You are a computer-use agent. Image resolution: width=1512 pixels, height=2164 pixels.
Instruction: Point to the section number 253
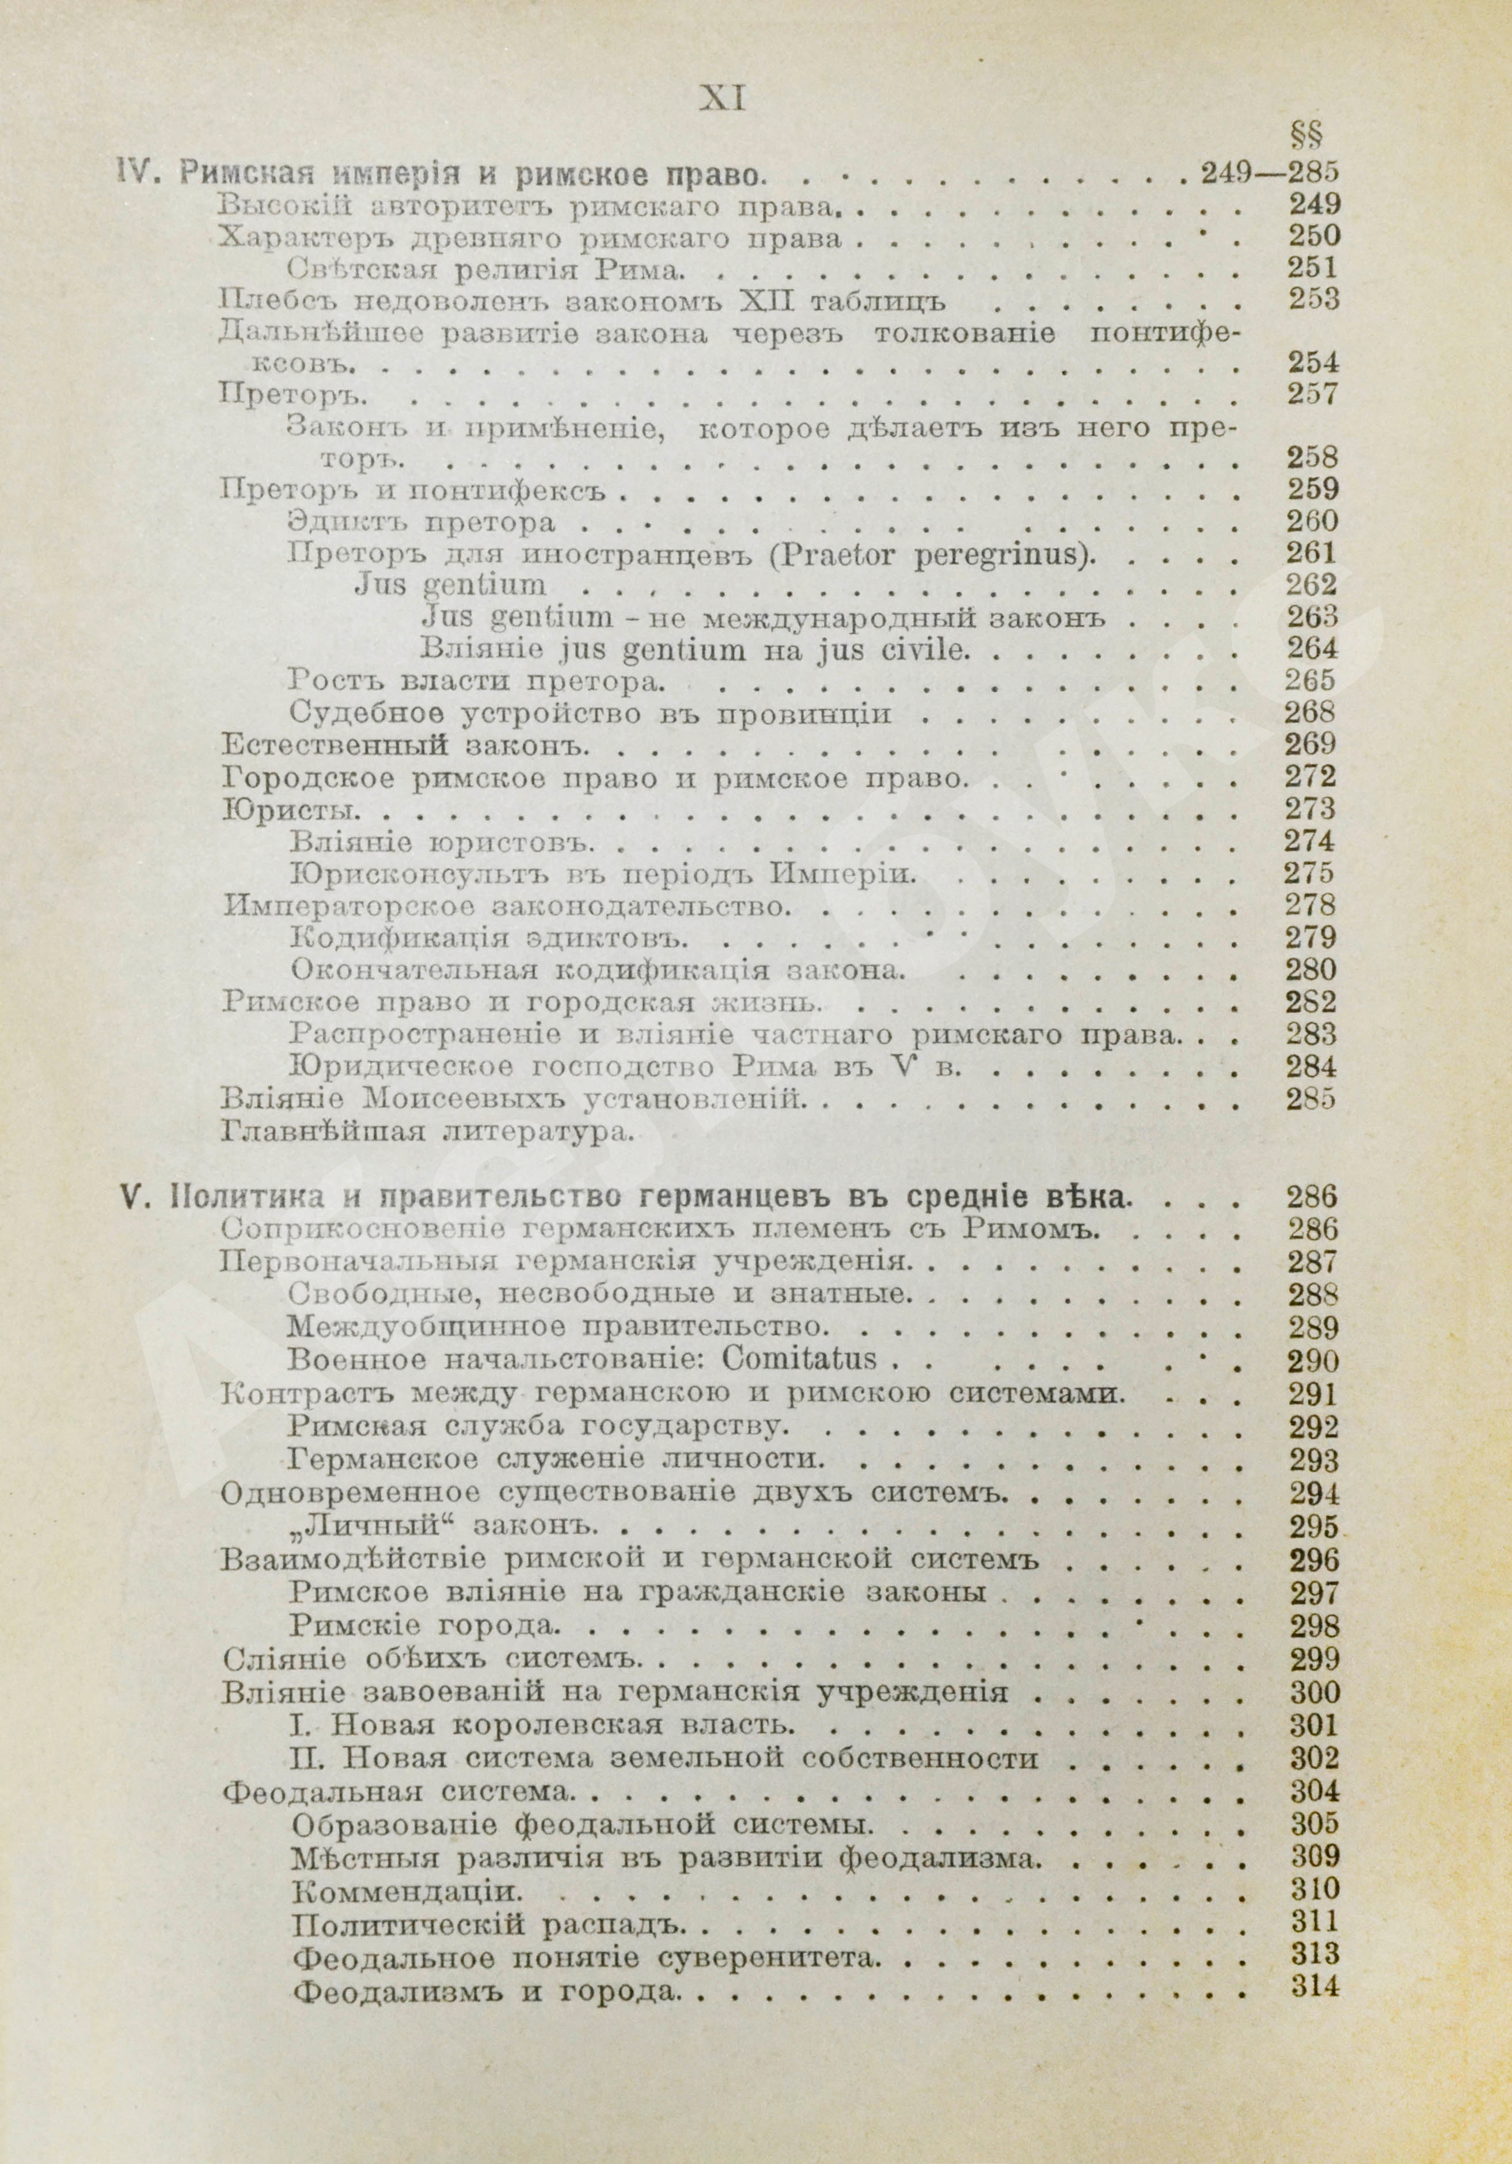click(1310, 300)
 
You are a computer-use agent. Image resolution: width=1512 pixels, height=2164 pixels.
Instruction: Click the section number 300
click(1310, 1693)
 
